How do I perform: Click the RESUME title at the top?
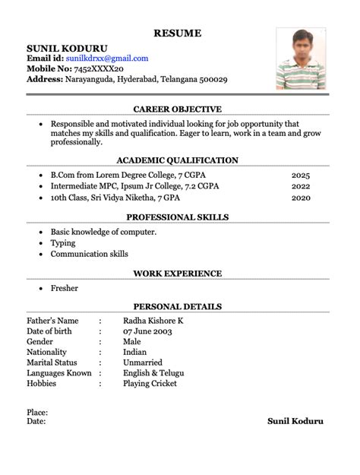click(178, 33)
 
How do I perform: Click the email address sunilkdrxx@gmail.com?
click(107, 58)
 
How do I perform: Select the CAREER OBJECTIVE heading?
click(177, 109)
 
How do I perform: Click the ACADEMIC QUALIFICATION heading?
click(177, 160)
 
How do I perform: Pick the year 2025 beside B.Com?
click(301, 175)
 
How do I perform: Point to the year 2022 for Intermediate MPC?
click(301, 186)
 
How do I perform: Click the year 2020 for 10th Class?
click(301, 198)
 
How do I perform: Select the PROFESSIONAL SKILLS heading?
click(177, 217)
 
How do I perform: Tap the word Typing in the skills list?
click(63, 243)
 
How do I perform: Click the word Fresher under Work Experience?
click(65, 288)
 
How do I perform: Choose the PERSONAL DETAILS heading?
click(177, 306)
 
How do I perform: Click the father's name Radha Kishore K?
click(153, 321)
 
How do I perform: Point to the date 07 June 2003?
click(148, 331)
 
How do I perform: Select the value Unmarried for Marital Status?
click(146, 363)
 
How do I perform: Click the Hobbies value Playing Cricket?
click(150, 384)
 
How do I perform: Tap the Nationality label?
click(47, 353)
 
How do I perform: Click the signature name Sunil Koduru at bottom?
click(295, 420)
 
